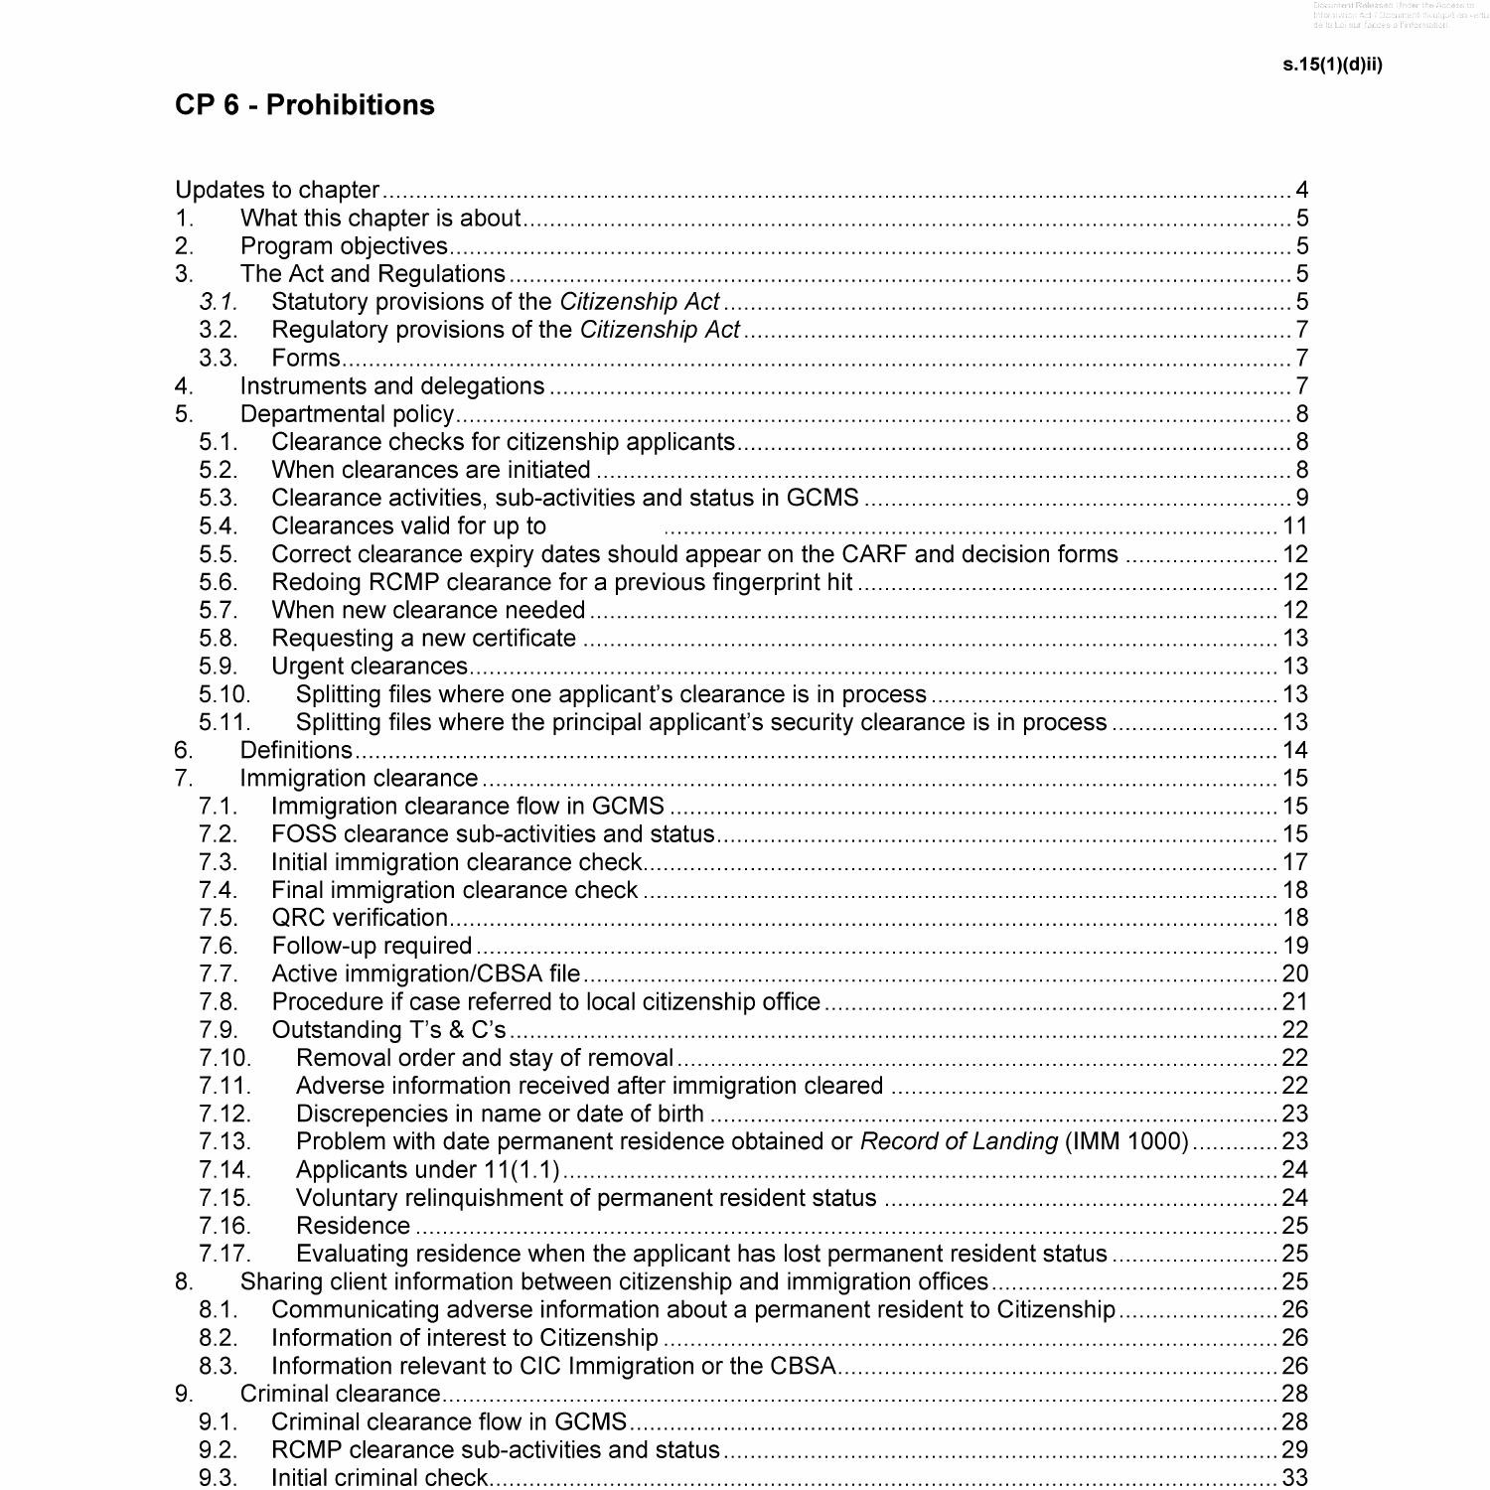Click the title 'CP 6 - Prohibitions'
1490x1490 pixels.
click(x=304, y=105)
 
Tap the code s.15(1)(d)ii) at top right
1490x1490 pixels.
click(x=1332, y=65)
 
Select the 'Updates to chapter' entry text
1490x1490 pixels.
click(x=277, y=190)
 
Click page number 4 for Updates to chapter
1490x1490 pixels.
click(x=1301, y=190)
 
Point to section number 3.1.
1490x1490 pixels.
click(x=218, y=302)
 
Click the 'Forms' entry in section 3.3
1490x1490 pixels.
click(x=306, y=358)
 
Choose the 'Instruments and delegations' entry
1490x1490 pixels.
click(x=392, y=385)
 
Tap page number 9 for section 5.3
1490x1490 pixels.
click(x=1301, y=498)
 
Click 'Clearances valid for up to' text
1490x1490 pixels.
click(x=408, y=525)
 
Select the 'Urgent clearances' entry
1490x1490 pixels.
click(x=370, y=666)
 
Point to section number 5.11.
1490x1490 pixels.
click(x=224, y=722)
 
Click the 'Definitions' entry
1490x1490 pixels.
click(x=296, y=750)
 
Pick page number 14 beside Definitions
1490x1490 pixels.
click(x=1295, y=750)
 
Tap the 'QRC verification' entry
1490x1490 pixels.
click(x=360, y=918)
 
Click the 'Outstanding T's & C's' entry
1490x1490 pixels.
click(x=388, y=1029)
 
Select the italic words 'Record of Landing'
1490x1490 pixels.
click(x=959, y=1141)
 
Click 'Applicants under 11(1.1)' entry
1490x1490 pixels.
click(x=428, y=1169)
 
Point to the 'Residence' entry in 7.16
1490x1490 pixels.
click(x=353, y=1226)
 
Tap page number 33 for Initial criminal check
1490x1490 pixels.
click(x=1295, y=1477)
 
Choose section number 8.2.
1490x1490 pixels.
click(x=218, y=1338)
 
